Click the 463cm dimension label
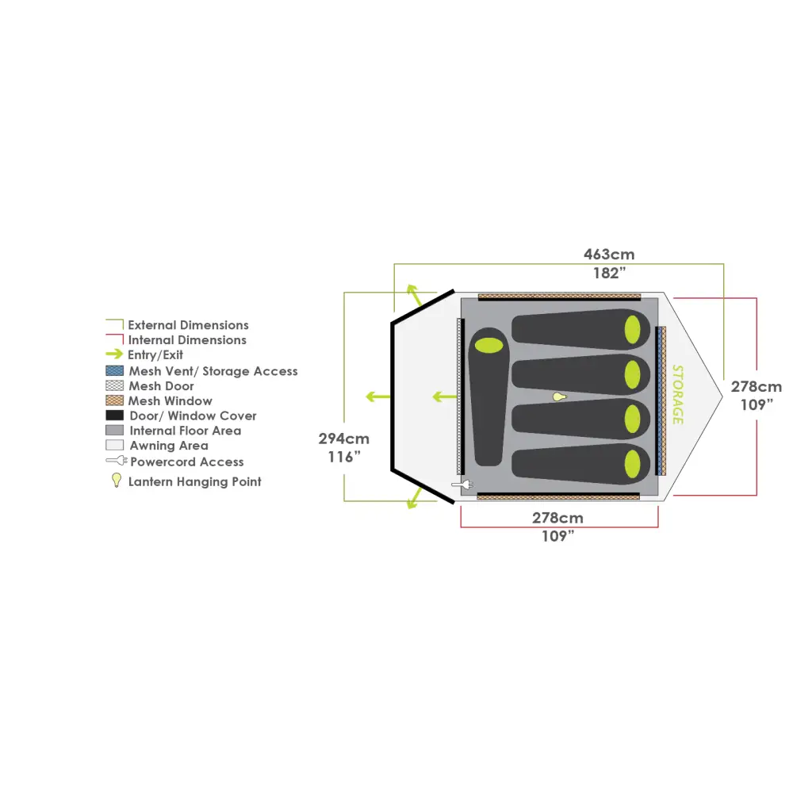(609, 255)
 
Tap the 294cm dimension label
(343, 439)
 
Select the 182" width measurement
(609, 274)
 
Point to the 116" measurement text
(343, 458)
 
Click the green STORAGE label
(677, 394)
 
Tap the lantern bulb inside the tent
(560, 396)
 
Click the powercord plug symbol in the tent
(462, 484)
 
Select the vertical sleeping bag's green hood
(488, 346)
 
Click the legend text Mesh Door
(161, 386)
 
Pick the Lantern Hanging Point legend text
(194, 481)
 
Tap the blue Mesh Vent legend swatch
(115, 371)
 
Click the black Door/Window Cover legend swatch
(115, 416)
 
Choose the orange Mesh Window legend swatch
(115, 401)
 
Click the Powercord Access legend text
(187, 462)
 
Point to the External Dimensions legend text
(188, 325)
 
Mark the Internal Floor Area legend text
(185, 431)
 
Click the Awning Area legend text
(169, 446)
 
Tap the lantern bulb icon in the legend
(116, 481)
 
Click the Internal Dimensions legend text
(187, 340)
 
